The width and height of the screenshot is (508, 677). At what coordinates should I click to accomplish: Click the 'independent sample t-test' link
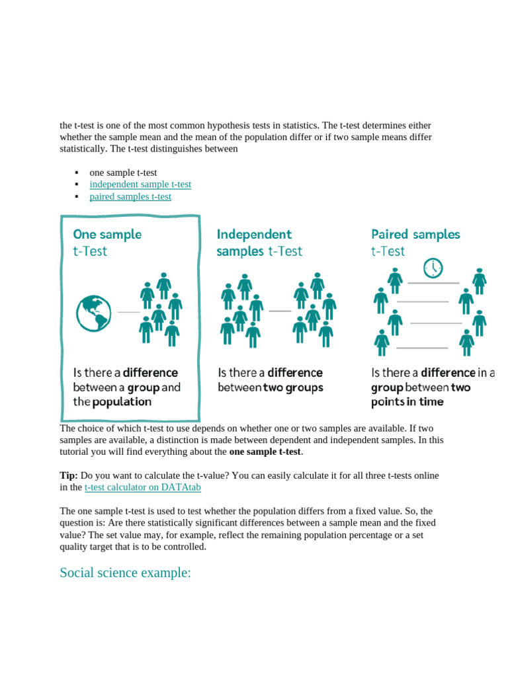click(140, 184)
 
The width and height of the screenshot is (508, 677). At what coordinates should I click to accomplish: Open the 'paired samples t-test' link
click(130, 196)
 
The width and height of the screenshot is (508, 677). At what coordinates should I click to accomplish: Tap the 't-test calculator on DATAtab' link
click(143, 487)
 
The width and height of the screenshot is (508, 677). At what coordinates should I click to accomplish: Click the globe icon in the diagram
click(93, 313)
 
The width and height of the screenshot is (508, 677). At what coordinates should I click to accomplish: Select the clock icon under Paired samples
click(433, 268)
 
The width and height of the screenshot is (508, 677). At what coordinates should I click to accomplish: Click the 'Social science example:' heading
click(125, 573)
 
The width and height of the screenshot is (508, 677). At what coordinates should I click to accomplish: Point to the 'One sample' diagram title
click(107, 234)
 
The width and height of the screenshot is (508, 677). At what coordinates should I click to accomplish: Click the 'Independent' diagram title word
click(254, 234)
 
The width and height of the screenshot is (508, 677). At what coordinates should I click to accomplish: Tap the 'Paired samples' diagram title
click(415, 234)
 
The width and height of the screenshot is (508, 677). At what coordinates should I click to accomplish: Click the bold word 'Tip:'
click(69, 475)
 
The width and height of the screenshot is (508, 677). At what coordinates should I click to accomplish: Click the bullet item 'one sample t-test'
click(123, 173)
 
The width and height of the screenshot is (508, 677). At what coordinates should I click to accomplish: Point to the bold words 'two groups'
click(293, 387)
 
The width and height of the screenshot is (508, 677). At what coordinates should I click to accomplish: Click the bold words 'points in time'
click(407, 402)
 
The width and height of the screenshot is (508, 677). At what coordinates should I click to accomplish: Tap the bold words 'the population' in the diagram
click(112, 402)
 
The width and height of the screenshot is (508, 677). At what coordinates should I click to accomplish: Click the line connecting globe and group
click(128, 311)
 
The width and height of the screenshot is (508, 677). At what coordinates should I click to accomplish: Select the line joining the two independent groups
click(280, 310)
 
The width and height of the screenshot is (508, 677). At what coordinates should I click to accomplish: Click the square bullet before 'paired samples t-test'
click(77, 196)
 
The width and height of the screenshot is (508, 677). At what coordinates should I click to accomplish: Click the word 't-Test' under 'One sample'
click(90, 251)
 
